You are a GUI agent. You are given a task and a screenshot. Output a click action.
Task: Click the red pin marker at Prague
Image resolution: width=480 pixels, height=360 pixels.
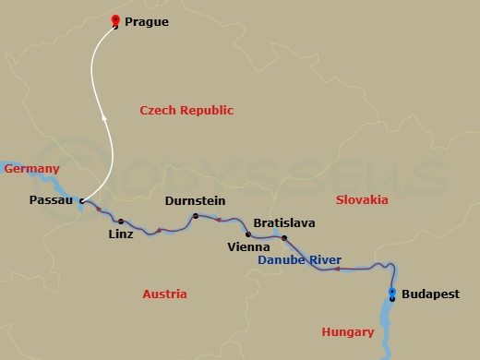point(114,19)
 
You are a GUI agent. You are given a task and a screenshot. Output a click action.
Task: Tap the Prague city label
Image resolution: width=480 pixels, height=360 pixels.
point(150,20)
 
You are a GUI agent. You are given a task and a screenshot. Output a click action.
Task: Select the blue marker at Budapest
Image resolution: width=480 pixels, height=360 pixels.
point(392,294)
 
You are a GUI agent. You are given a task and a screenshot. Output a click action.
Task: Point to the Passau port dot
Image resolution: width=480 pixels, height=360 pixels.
point(82,200)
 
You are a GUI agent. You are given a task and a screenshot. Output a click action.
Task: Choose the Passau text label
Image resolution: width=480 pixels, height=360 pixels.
point(51,199)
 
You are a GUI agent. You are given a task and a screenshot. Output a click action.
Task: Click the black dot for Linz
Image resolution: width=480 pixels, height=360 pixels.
point(120,221)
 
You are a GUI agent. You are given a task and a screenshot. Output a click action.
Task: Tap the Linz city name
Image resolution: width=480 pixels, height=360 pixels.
point(120,234)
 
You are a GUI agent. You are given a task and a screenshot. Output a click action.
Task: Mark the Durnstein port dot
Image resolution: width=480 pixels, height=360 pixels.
point(195,216)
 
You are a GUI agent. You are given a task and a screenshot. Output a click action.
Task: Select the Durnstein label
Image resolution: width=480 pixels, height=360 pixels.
point(194,201)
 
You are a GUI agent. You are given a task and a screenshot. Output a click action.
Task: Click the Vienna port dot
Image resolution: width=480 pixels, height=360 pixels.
point(248,234)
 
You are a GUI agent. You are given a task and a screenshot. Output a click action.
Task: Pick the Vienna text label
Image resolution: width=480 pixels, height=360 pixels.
point(248,247)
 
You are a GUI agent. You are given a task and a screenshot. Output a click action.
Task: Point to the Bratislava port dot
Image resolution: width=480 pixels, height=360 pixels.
point(284,238)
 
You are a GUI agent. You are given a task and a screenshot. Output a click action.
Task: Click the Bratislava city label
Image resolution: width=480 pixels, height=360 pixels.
point(284,223)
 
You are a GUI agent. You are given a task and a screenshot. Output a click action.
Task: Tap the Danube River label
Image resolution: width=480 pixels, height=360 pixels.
point(300,260)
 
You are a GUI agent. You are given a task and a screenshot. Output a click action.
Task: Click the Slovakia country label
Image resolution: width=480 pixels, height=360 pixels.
point(362,199)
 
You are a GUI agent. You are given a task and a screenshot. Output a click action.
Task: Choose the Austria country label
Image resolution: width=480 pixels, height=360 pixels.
point(164,294)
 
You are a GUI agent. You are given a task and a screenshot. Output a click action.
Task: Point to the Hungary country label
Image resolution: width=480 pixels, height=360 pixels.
point(347,331)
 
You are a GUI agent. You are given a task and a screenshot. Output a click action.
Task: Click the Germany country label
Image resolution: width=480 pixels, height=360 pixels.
point(31,169)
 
